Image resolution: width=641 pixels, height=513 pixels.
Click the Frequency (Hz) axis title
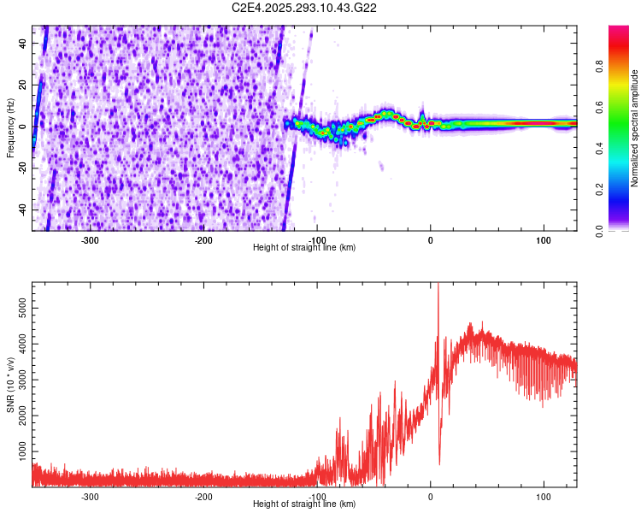click(x=9, y=128)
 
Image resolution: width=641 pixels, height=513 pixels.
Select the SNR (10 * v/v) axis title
click(x=10, y=385)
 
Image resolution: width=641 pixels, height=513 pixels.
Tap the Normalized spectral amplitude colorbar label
click(x=634, y=128)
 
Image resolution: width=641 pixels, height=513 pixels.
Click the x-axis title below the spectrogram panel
click(x=304, y=248)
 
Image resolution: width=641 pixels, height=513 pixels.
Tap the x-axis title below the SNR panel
click(x=304, y=504)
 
